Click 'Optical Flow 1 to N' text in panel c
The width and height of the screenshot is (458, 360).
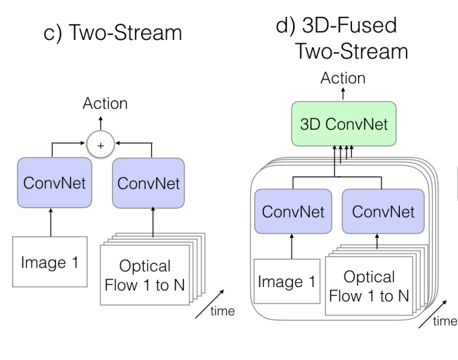point(147,274)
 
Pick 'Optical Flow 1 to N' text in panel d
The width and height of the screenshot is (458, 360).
point(369,285)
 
